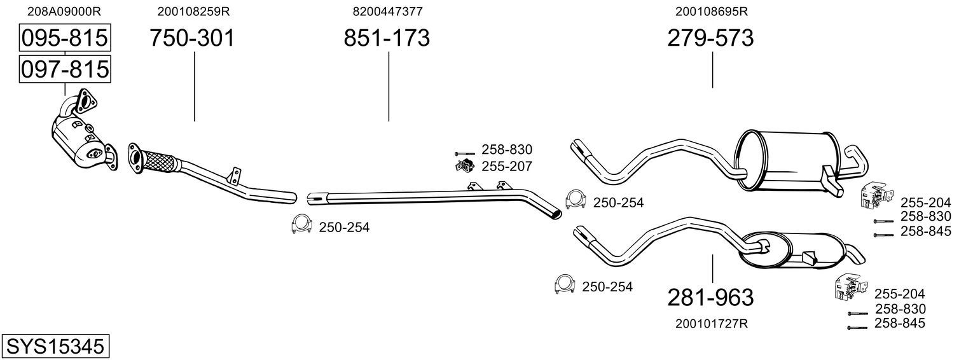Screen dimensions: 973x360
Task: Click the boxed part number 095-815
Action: click(x=65, y=38)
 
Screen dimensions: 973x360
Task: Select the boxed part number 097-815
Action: click(x=65, y=69)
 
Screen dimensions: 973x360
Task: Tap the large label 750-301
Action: click(x=192, y=38)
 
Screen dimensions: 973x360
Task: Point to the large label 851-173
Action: click(x=387, y=38)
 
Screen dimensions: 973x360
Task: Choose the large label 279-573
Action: click(x=710, y=38)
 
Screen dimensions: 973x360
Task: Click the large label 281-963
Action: click(x=710, y=298)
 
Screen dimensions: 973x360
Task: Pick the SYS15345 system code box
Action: click(x=55, y=347)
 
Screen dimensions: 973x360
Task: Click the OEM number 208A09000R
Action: click(x=64, y=11)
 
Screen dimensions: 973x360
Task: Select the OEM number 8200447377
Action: click(x=387, y=11)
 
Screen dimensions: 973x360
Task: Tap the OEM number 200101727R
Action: click(x=712, y=324)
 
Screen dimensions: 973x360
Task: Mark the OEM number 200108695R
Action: click(x=712, y=11)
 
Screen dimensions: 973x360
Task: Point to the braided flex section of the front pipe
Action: click(x=158, y=161)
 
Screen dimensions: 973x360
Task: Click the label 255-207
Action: click(x=506, y=166)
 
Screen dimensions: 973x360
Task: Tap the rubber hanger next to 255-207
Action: click(x=464, y=165)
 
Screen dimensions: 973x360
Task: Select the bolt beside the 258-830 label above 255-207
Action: click(x=464, y=154)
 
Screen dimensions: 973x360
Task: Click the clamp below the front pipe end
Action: click(x=301, y=225)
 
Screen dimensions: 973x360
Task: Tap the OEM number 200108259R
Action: click(x=193, y=11)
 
